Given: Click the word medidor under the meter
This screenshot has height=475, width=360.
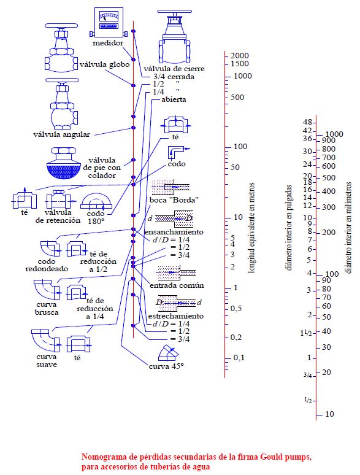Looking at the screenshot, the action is (x=108, y=43).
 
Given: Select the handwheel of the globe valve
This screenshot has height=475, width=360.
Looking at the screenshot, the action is (x=61, y=26).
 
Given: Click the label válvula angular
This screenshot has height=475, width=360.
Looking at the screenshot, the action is (x=61, y=134).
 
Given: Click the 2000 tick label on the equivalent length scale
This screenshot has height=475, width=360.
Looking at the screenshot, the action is (x=240, y=56).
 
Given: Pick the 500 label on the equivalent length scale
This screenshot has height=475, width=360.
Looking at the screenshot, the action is (x=237, y=98).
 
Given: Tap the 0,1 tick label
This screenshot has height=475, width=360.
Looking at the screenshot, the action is (x=239, y=358).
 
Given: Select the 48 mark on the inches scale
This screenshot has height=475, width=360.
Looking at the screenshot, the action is (x=307, y=122).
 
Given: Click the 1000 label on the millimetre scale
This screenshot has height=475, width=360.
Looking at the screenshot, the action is (x=334, y=134).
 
